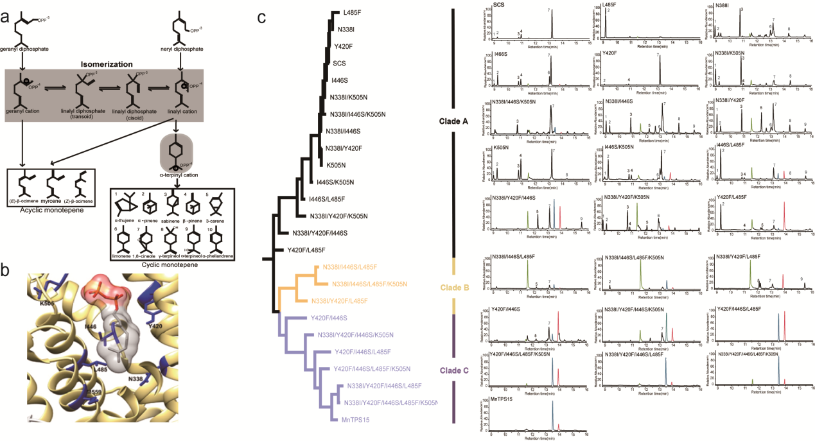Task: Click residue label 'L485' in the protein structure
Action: [100, 370]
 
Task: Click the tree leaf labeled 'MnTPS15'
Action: [355, 420]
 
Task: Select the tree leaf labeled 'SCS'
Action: [340, 64]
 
